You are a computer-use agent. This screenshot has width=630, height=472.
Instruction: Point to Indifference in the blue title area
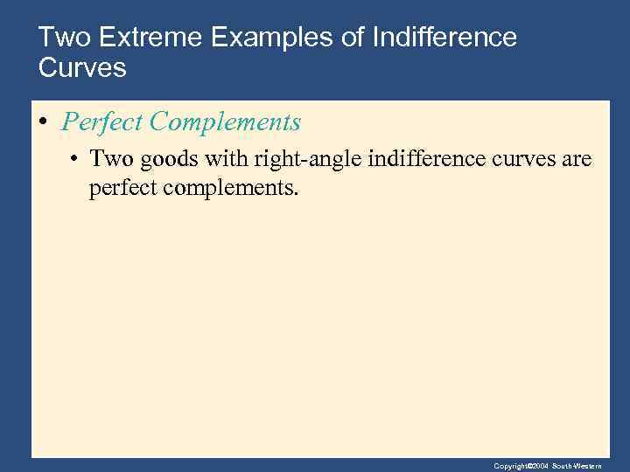tap(444, 38)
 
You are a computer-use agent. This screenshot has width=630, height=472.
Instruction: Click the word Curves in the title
tap(83, 67)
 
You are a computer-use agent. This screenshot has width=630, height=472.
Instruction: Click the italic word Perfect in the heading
tap(102, 122)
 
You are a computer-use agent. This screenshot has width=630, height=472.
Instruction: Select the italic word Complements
tap(225, 122)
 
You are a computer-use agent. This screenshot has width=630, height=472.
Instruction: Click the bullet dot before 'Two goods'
tap(76, 160)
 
